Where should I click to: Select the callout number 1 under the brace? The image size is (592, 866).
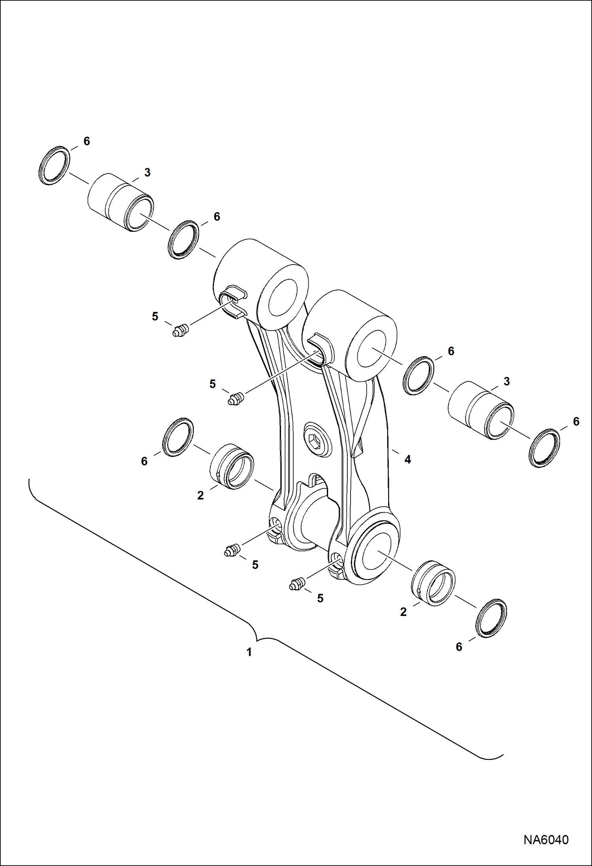[249, 652]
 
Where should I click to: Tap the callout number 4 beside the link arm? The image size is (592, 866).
[407, 459]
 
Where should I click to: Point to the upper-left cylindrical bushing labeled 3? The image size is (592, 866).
[121, 202]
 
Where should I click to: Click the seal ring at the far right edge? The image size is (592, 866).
[545, 448]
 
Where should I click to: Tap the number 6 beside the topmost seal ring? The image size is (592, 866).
[87, 141]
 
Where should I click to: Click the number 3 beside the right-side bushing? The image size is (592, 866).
[507, 381]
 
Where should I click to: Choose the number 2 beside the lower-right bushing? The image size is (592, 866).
[403, 612]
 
